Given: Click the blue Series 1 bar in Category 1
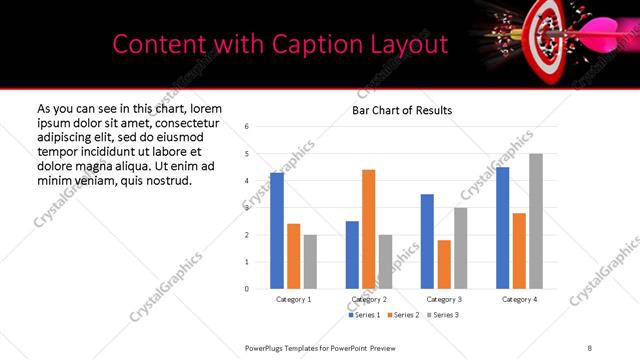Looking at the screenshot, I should [x=277, y=231].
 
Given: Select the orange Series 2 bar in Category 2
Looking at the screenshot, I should [x=368, y=229].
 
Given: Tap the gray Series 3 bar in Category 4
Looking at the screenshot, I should [x=536, y=221].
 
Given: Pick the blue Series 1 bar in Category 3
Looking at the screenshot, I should [x=427, y=241].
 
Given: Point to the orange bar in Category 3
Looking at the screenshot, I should [x=444, y=264].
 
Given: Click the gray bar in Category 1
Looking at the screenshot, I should [x=310, y=262].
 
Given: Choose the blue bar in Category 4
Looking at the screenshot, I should [x=502, y=228].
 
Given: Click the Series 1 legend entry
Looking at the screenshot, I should [x=364, y=315].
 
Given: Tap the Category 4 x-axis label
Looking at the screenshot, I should [x=519, y=299].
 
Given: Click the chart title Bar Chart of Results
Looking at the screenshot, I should [x=402, y=110].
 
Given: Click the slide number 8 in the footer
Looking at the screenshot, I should [x=589, y=347].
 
